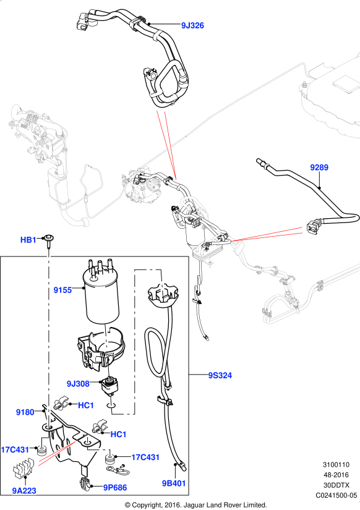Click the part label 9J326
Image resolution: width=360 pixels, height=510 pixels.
[x=192, y=25]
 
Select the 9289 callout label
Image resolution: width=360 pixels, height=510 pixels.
[x=319, y=168]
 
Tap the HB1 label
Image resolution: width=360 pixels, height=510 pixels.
[x=28, y=240]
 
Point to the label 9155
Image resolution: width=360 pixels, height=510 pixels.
[x=62, y=290]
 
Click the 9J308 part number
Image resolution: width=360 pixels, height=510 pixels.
[x=78, y=384]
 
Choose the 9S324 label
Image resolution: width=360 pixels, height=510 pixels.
[x=220, y=375]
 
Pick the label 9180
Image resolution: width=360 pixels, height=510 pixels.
[x=25, y=412]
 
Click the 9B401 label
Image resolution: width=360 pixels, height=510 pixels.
[x=174, y=483]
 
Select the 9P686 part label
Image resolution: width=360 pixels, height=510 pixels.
[x=115, y=487]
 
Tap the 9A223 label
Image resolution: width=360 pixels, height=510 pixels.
[x=24, y=490]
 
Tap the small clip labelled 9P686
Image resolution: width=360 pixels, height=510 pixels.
[x=85, y=484]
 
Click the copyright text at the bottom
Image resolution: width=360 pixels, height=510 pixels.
[x=195, y=505]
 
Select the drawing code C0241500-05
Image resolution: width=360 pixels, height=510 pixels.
[x=336, y=495]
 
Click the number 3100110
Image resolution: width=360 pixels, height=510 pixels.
[x=336, y=465]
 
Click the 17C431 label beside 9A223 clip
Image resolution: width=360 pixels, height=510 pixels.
[x=15, y=450]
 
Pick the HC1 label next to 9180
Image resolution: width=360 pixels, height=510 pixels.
[x=86, y=406]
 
